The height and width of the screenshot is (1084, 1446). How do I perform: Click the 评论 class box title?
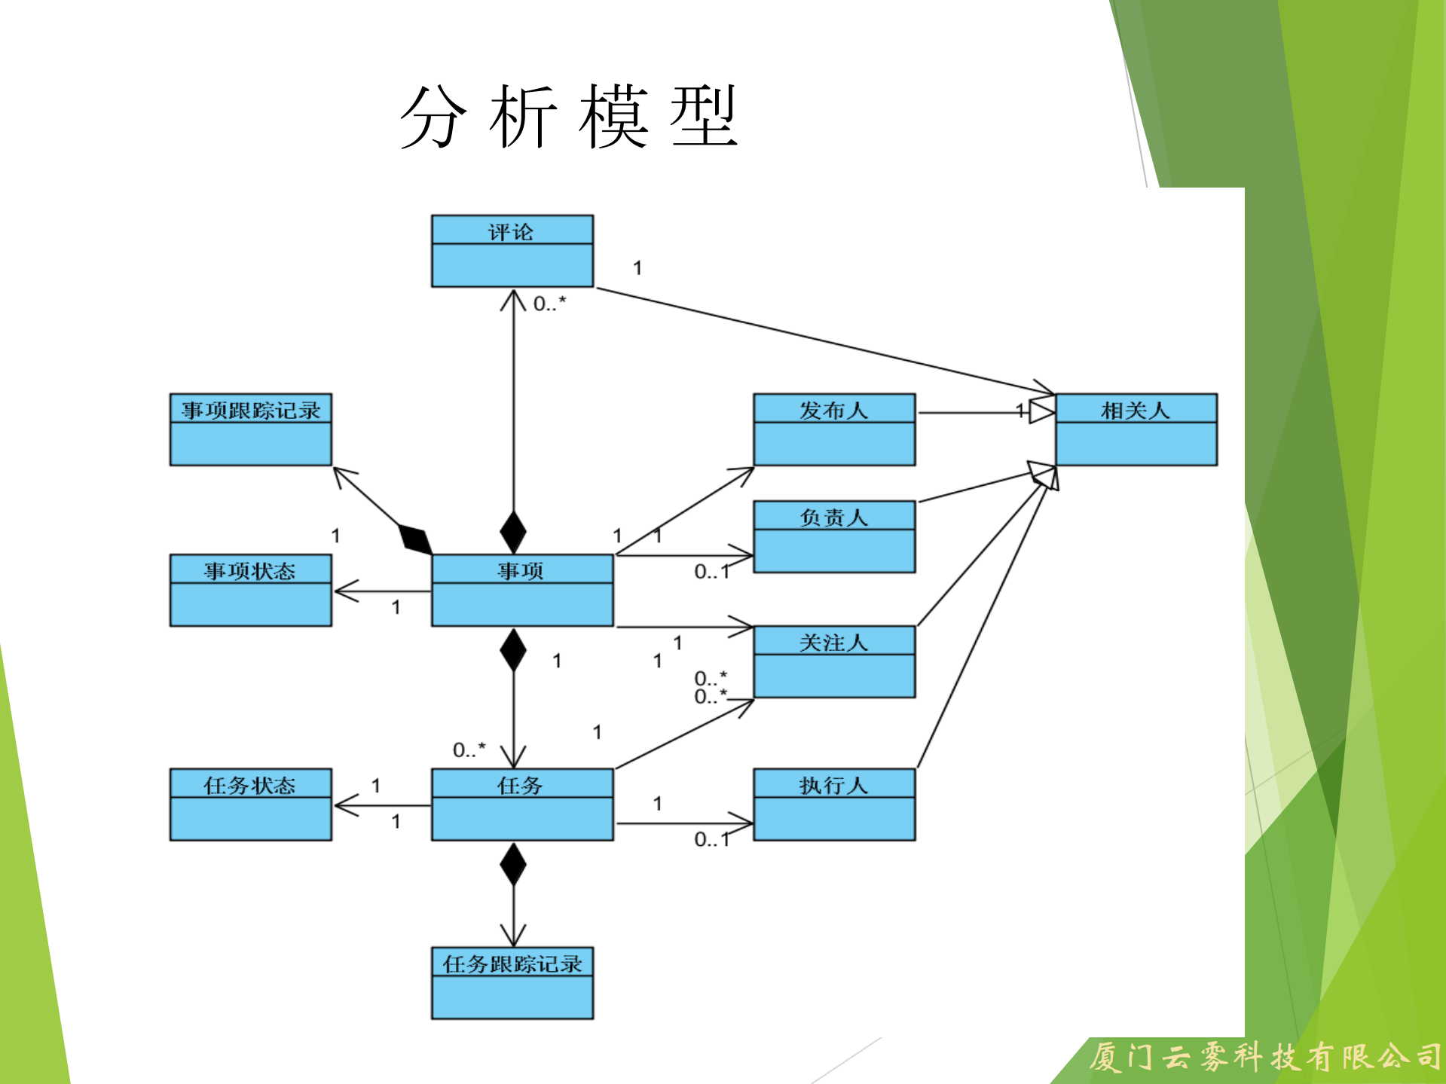click(511, 231)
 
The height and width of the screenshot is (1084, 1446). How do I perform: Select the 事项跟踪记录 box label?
click(250, 410)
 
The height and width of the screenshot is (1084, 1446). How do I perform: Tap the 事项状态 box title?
click(249, 570)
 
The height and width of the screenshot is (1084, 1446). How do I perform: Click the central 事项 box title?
click(521, 570)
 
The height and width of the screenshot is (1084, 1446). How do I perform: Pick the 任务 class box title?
click(520, 785)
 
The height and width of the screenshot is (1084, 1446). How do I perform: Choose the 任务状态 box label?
click(249, 785)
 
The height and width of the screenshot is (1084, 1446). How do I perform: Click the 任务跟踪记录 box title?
click(512, 963)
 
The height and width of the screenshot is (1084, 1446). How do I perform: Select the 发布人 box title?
click(833, 410)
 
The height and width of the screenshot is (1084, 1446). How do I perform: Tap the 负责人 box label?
click(833, 517)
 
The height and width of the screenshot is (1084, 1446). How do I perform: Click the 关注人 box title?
click(833, 642)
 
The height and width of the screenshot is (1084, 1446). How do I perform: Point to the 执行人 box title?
click(833, 785)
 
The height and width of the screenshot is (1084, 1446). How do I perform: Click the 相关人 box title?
click(1136, 410)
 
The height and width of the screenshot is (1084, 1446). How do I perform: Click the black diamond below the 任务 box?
click(513, 864)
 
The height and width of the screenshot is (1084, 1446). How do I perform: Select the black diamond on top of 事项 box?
click(513, 531)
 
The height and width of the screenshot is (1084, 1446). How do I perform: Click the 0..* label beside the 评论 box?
click(549, 304)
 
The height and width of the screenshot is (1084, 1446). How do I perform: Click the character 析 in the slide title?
click(523, 117)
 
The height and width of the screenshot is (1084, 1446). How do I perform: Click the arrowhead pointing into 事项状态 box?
click(343, 591)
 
